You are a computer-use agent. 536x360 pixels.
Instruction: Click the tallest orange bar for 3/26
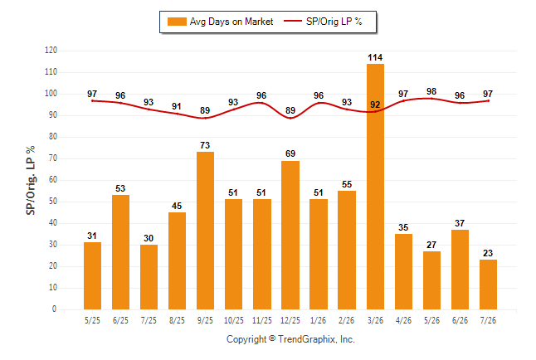pos(375,187)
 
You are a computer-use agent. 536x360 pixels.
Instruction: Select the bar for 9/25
pos(205,231)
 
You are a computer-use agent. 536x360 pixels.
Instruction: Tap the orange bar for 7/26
pos(488,285)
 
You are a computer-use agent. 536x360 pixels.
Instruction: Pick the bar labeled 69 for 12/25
pos(290,236)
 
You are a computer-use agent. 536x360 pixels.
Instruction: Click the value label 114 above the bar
pos(375,57)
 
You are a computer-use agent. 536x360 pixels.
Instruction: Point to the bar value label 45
pos(177,206)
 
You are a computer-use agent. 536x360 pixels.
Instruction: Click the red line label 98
pos(431,91)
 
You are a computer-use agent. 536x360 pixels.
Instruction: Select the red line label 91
pos(177,106)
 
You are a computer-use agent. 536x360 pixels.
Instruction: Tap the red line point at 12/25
pos(290,118)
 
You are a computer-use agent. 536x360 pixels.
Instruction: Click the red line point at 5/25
pos(92,101)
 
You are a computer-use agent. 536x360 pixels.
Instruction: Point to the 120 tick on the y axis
pos(51,51)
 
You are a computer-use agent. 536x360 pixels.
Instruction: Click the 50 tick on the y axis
pos(53,202)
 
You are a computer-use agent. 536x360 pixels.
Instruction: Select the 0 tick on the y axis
pos(55,309)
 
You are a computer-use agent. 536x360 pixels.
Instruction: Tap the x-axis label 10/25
pos(234,320)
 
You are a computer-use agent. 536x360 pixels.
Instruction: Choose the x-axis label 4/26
pos(403,320)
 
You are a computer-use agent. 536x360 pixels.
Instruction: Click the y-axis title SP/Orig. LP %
pos(31,180)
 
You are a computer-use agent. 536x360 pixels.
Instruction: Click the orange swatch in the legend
pos(177,22)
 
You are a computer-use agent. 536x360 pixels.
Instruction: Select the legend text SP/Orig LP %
pos(334,22)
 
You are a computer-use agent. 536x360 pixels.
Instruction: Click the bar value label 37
pos(460,223)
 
